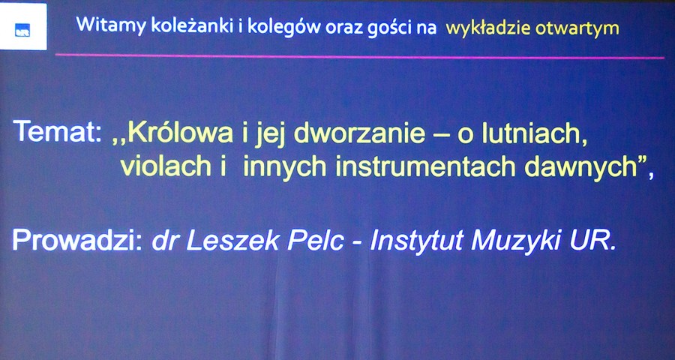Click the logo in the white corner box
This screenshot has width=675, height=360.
pos(22,32)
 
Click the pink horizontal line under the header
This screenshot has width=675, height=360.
pos(359,56)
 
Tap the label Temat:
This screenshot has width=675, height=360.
pos(57,131)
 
